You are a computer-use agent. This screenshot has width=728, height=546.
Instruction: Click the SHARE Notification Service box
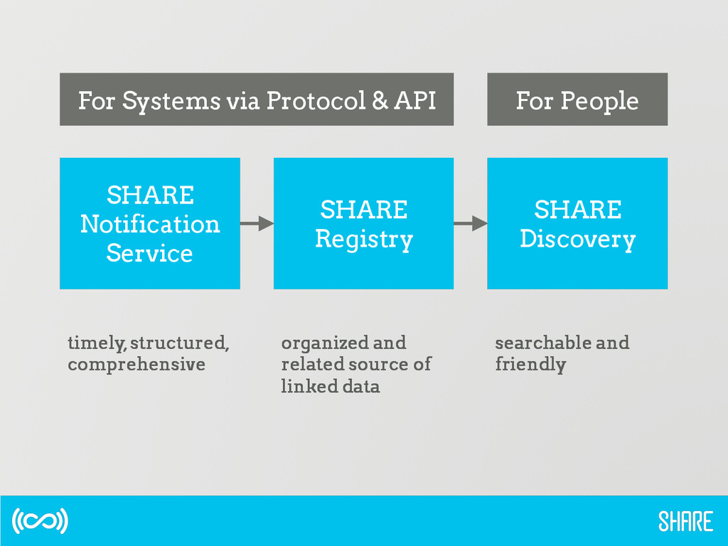(149, 223)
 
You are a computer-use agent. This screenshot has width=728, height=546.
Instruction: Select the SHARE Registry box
(363, 223)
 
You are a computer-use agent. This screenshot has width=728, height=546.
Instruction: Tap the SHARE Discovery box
(577, 223)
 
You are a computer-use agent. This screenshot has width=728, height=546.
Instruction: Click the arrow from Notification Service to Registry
(257, 223)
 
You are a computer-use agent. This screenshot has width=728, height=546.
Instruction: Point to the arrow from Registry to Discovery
(470, 223)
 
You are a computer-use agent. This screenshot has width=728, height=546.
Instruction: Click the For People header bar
(577, 100)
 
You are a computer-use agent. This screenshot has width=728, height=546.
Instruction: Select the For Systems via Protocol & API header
(256, 100)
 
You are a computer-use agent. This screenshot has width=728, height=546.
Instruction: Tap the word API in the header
(414, 100)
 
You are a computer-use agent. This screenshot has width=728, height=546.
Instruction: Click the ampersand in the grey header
(380, 100)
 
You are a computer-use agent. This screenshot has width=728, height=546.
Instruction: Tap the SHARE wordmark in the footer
(685, 521)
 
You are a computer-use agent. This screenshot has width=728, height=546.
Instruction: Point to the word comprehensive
(136, 365)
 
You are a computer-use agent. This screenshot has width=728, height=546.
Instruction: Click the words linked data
(331, 387)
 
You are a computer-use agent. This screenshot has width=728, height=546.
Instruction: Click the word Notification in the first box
(149, 224)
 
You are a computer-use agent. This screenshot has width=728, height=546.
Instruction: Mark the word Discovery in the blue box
(577, 239)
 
